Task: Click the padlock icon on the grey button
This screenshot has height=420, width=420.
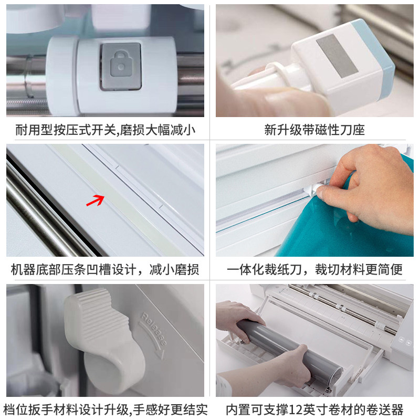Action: [x=121, y=65]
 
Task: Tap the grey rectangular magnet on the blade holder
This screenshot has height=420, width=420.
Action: [x=337, y=56]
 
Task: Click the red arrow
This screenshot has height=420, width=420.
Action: [x=96, y=201]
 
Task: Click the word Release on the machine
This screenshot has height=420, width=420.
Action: [x=154, y=329]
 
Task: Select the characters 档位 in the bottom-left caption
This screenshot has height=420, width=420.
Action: [x=15, y=410]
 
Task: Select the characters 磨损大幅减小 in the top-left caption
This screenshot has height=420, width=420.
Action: [x=157, y=130]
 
